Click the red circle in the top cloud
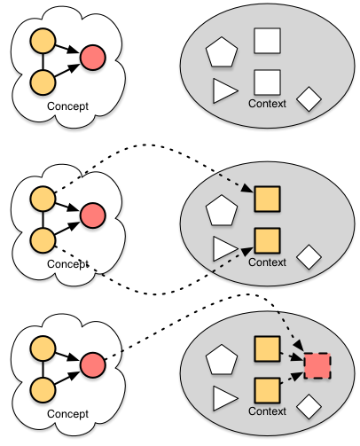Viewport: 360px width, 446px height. pyautogui.click(x=93, y=58)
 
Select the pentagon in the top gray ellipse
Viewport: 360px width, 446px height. pyautogui.click(x=222, y=52)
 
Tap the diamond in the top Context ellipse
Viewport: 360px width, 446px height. pyautogui.click(x=309, y=99)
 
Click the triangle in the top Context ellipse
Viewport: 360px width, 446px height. pyautogui.click(x=224, y=90)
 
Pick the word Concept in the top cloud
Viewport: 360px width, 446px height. pyautogui.click(x=67, y=106)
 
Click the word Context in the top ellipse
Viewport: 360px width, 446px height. pyautogui.click(x=267, y=104)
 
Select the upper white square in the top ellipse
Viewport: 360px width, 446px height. pyautogui.click(x=267, y=41)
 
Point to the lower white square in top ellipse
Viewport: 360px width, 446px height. pyautogui.click(x=267, y=82)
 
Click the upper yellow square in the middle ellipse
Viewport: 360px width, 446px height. pyautogui.click(x=267, y=199)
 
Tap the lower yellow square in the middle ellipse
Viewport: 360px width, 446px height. pyautogui.click(x=267, y=240)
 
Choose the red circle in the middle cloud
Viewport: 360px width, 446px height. pyautogui.click(x=93, y=215)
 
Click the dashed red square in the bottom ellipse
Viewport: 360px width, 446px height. pyautogui.click(x=317, y=365)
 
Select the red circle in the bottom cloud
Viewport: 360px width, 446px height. pyautogui.click(x=93, y=364)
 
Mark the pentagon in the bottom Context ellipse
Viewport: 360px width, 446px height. pyautogui.click(x=222, y=360)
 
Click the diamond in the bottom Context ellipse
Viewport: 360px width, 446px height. pyautogui.click(x=309, y=406)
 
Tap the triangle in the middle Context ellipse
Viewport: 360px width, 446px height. pyautogui.click(x=224, y=248)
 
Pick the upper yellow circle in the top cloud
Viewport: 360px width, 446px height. pyautogui.click(x=43, y=41)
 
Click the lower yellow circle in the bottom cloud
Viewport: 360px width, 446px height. pyautogui.click(x=43, y=390)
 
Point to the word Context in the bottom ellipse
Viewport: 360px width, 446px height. pyautogui.click(x=267, y=411)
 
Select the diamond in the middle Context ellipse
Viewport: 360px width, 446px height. pyautogui.click(x=309, y=257)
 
